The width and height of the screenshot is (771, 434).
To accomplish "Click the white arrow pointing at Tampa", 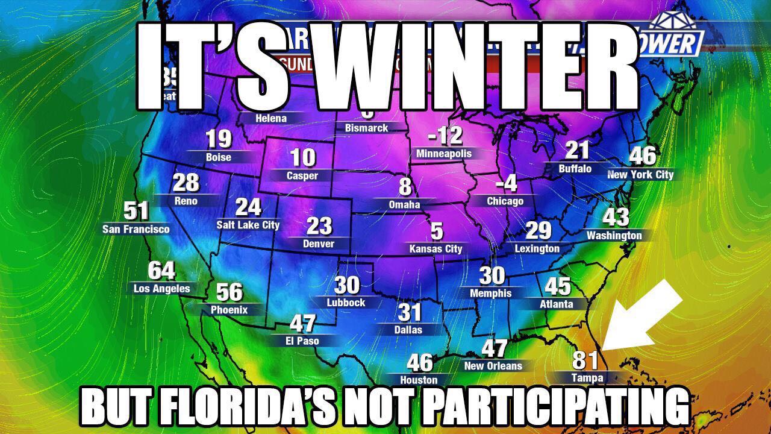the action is click(641, 316).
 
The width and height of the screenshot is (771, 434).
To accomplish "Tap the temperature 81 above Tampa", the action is click(585, 360).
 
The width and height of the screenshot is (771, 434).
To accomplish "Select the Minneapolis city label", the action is click(444, 154).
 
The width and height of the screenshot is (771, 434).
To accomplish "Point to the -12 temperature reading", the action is click(445, 136).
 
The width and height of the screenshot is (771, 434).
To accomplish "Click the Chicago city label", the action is click(505, 201).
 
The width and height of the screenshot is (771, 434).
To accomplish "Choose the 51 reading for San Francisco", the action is click(136, 211).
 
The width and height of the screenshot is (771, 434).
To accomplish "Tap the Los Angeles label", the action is click(161, 289).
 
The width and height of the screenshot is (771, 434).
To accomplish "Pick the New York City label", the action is click(640, 175).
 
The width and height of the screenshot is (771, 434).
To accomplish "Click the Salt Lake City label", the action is click(248, 225).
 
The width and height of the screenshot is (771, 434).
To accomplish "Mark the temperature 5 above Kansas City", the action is click(436, 231).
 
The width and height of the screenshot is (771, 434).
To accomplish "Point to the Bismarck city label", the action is click(366, 128).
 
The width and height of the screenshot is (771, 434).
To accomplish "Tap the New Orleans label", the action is click(493, 366).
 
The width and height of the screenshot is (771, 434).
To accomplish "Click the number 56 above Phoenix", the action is click(229, 292).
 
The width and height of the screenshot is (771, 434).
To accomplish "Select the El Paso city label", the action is click(302, 341).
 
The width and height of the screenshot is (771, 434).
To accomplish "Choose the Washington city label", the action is click(614, 235).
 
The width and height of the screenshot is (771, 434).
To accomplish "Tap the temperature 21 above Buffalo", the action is click(576, 151).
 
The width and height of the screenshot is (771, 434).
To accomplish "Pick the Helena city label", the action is click(271, 118).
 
